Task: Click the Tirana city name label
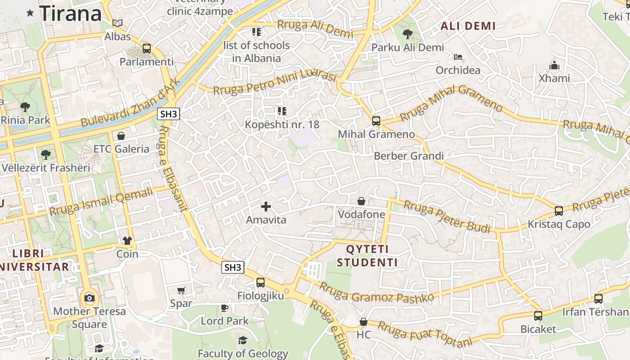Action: click(x=71, y=13)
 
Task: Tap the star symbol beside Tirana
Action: click(x=30, y=13)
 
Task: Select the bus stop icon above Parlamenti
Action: click(x=146, y=49)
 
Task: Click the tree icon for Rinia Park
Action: click(x=25, y=107)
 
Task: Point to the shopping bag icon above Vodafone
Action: click(x=361, y=201)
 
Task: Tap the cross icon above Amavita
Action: click(x=266, y=207)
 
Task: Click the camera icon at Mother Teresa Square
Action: click(x=89, y=298)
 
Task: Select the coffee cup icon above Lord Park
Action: click(x=224, y=308)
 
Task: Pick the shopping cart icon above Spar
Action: click(x=181, y=290)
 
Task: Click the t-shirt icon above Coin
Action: click(x=127, y=241)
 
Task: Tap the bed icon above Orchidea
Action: click(x=458, y=57)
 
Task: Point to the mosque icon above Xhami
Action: click(x=554, y=65)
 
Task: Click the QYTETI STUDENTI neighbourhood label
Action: click(x=367, y=256)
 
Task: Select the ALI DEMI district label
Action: click(x=468, y=26)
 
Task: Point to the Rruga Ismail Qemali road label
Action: click(x=101, y=201)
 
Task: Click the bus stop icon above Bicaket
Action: click(x=538, y=315)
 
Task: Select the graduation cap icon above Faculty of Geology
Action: click(x=243, y=340)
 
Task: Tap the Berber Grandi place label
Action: click(x=409, y=156)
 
